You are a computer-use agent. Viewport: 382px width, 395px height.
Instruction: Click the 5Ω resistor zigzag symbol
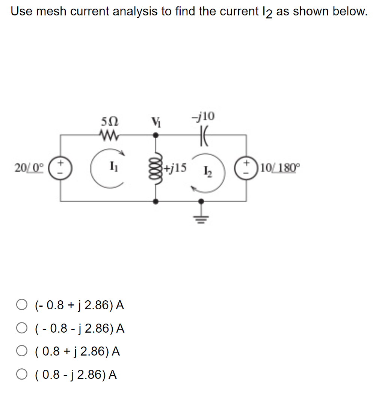(109, 134)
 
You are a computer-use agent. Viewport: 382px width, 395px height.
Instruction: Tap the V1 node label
(155, 123)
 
